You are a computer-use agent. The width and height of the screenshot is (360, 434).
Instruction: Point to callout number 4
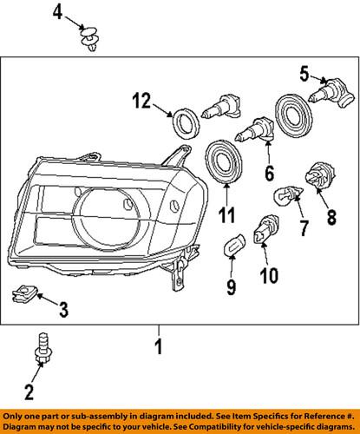pyautogui.click(x=56, y=12)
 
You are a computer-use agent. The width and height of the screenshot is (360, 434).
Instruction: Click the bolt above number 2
pyautogui.click(x=42, y=347)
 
